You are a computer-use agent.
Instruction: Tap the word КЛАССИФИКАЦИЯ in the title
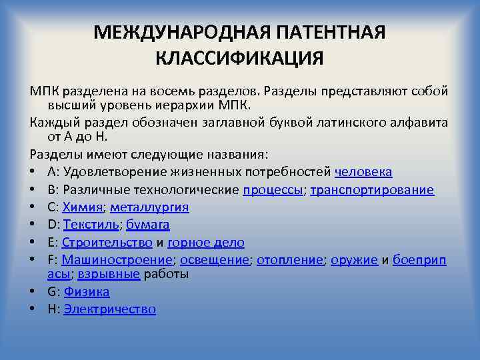pos(239,58)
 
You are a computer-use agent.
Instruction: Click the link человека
pos(363,172)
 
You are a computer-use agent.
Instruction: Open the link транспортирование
pos(373,190)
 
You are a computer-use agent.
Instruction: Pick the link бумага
pos(148,225)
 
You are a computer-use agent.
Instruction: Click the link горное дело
pos(206,243)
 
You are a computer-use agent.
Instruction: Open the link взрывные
pos(109,274)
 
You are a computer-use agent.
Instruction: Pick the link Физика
pos(87,292)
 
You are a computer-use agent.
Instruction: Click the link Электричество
pos(109,309)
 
